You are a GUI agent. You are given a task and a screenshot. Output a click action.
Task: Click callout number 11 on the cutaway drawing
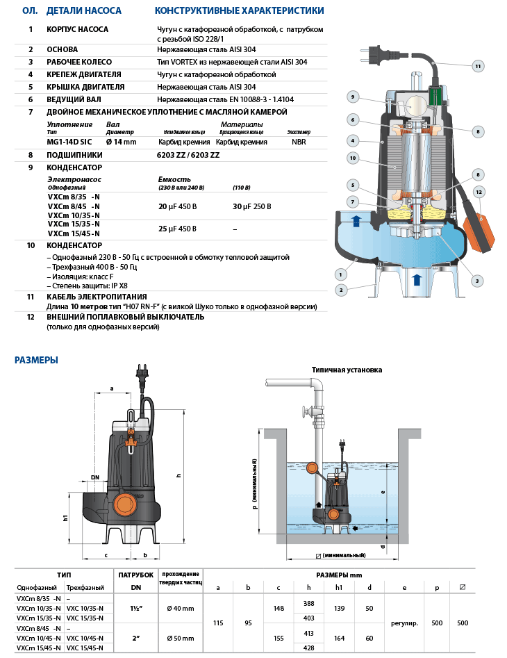tap(478, 66)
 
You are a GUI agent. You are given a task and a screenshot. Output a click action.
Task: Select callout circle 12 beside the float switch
tap(478, 191)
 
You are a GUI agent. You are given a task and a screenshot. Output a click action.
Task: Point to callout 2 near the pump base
tap(341, 289)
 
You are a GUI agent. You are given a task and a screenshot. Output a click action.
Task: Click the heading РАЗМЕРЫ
tap(36, 360)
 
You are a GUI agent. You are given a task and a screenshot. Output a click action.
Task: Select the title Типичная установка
tap(347, 370)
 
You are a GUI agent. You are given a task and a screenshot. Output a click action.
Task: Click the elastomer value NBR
tap(299, 142)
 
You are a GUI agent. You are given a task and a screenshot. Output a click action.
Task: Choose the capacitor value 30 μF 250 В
tap(251, 206)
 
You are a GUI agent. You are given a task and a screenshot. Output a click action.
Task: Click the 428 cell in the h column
tap(308, 648)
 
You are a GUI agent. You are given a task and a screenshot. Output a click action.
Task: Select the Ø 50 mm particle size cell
tap(180, 638)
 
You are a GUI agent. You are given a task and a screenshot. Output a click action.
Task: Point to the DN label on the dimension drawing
tap(94, 477)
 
